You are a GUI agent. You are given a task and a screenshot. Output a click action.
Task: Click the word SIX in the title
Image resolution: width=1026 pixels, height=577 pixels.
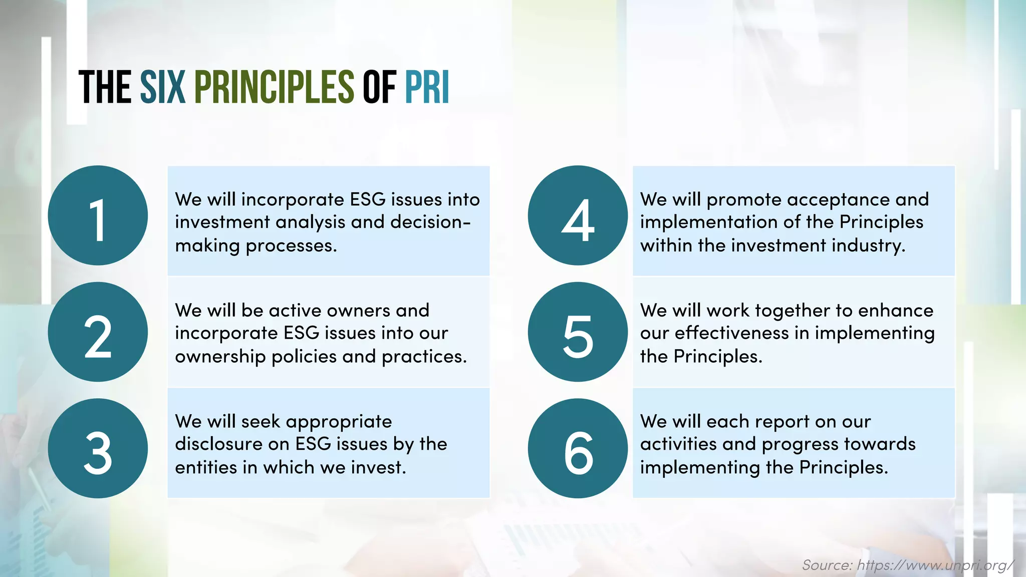[162, 87]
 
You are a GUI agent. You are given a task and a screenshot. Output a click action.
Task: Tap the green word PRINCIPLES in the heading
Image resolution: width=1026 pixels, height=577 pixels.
[274, 87]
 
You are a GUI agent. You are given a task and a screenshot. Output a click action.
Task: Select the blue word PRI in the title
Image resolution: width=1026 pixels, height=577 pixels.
[427, 87]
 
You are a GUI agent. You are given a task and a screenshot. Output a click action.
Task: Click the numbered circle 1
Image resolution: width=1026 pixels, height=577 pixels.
[98, 215]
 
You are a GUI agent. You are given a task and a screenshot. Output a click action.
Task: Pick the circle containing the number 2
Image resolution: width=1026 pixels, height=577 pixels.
[98, 332]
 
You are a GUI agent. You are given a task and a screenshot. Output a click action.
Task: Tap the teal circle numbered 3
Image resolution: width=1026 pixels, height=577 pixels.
[98, 448]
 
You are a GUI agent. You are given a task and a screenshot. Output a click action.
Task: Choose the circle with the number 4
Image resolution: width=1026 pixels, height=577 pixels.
[577, 215]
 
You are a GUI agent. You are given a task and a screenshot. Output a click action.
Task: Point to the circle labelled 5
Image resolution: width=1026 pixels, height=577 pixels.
[577, 332]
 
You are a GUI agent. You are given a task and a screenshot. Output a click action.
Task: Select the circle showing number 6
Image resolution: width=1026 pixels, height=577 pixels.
[577, 448]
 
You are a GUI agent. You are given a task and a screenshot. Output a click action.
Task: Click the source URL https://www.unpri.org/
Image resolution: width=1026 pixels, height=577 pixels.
[935, 565]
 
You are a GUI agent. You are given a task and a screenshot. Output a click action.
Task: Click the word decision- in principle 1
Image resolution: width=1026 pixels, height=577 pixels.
[430, 222]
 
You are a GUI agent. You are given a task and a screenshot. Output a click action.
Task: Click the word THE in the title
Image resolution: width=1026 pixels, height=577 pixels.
[105, 87]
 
